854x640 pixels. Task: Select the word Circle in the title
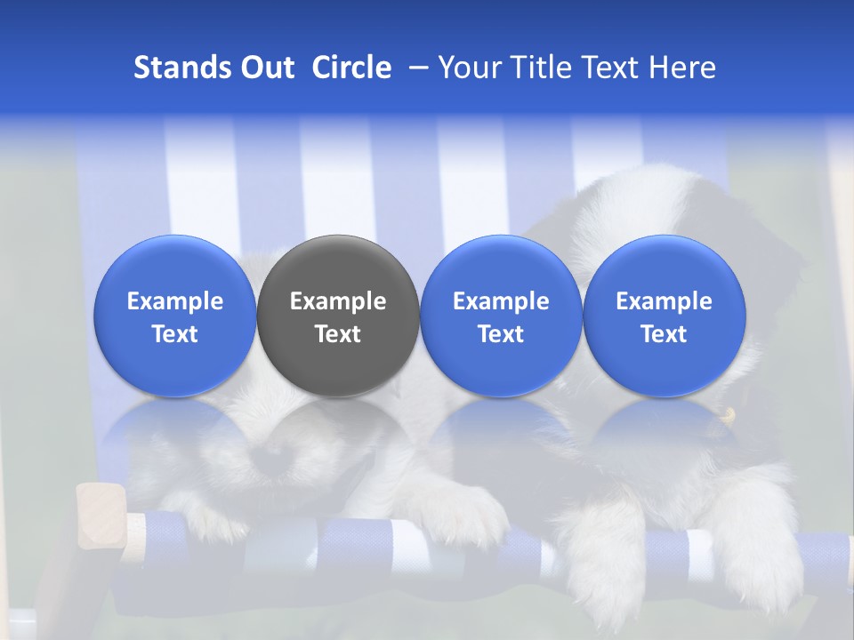tap(351, 68)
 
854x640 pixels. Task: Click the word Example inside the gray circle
tap(338, 301)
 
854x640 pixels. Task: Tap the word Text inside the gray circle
tap(338, 334)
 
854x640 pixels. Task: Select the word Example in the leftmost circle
tap(174, 301)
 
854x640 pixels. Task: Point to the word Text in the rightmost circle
tap(665, 334)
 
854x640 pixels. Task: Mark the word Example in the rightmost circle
tap(665, 301)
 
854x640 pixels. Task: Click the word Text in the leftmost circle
tap(174, 334)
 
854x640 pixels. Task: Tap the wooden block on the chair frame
tap(101, 516)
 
